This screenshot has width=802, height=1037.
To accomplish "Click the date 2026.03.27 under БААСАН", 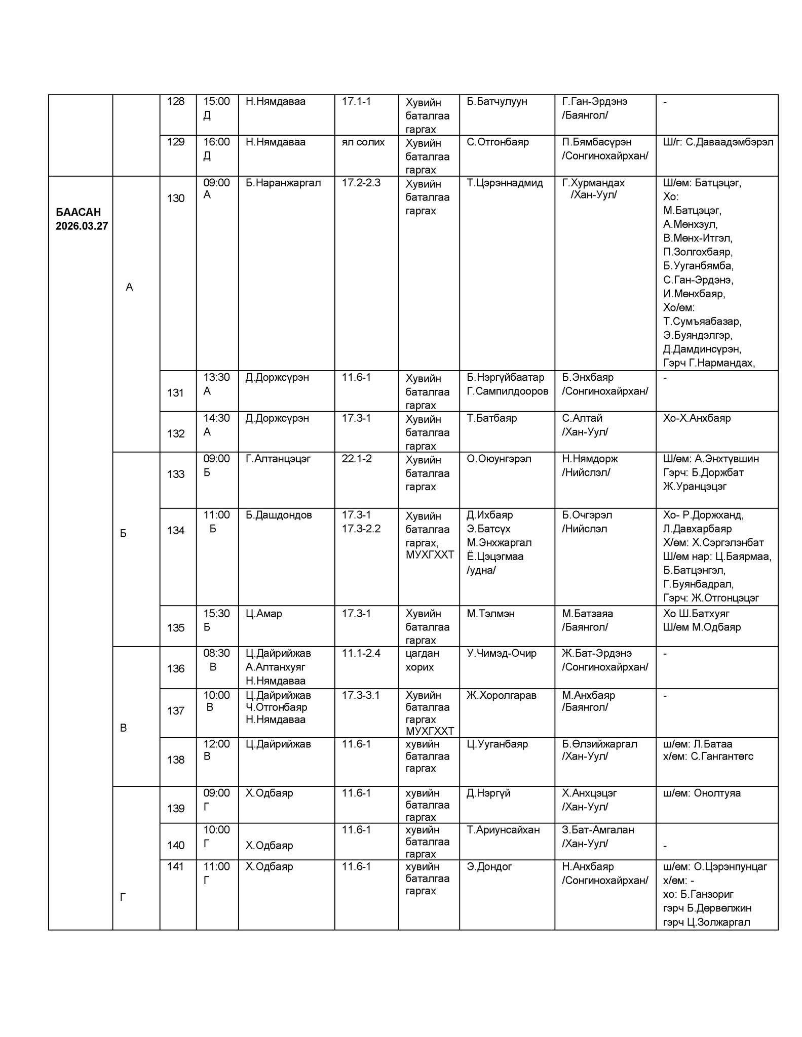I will click(82, 226).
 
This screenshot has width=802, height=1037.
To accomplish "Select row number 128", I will click(176, 101).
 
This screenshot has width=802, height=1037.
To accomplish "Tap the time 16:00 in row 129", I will click(216, 142).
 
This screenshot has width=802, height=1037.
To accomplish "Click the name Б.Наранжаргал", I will click(283, 183).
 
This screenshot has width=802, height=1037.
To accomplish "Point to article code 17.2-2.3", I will click(361, 183).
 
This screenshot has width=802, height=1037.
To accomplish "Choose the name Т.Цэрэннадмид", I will click(505, 183).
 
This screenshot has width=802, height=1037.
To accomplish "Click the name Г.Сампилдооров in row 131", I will click(507, 391).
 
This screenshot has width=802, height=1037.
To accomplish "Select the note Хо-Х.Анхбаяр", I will click(697, 418).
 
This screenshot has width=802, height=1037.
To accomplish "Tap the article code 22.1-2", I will click(357, 459).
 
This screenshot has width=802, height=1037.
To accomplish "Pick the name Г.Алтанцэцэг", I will click(278, 459).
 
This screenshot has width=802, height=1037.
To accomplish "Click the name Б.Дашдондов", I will click(279, 515).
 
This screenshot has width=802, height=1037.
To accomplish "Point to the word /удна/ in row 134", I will click(481, 570).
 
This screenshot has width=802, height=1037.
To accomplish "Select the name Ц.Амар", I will click(264, 613).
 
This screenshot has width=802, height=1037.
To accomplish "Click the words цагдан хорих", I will click(422, 660).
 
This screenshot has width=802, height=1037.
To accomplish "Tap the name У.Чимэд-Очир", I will click(501, 653).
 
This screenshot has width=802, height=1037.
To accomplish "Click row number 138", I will click(176, 760).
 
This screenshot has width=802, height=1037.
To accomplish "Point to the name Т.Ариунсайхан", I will click(503, 830).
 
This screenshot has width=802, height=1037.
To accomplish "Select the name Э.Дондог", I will click(489, 866).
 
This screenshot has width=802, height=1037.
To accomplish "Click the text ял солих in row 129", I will click(363, 142).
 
